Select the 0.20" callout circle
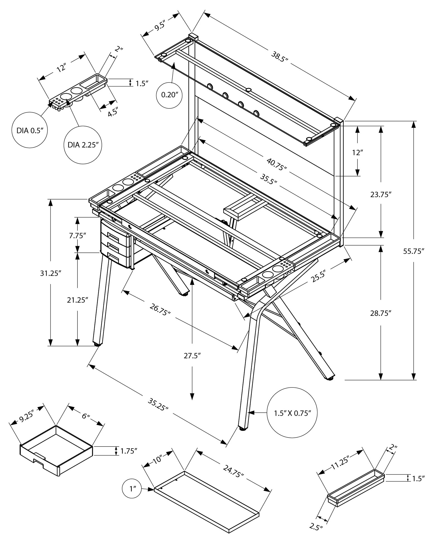click(x=169, y=95)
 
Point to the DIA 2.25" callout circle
click(x=82, y=145)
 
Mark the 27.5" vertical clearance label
click(x=192, y=355)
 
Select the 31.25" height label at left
click(x=50, y=273)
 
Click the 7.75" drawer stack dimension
click(x=77, y=236)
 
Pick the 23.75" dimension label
click(x=381, y=195)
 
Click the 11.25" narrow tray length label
click(x=341, y=464)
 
